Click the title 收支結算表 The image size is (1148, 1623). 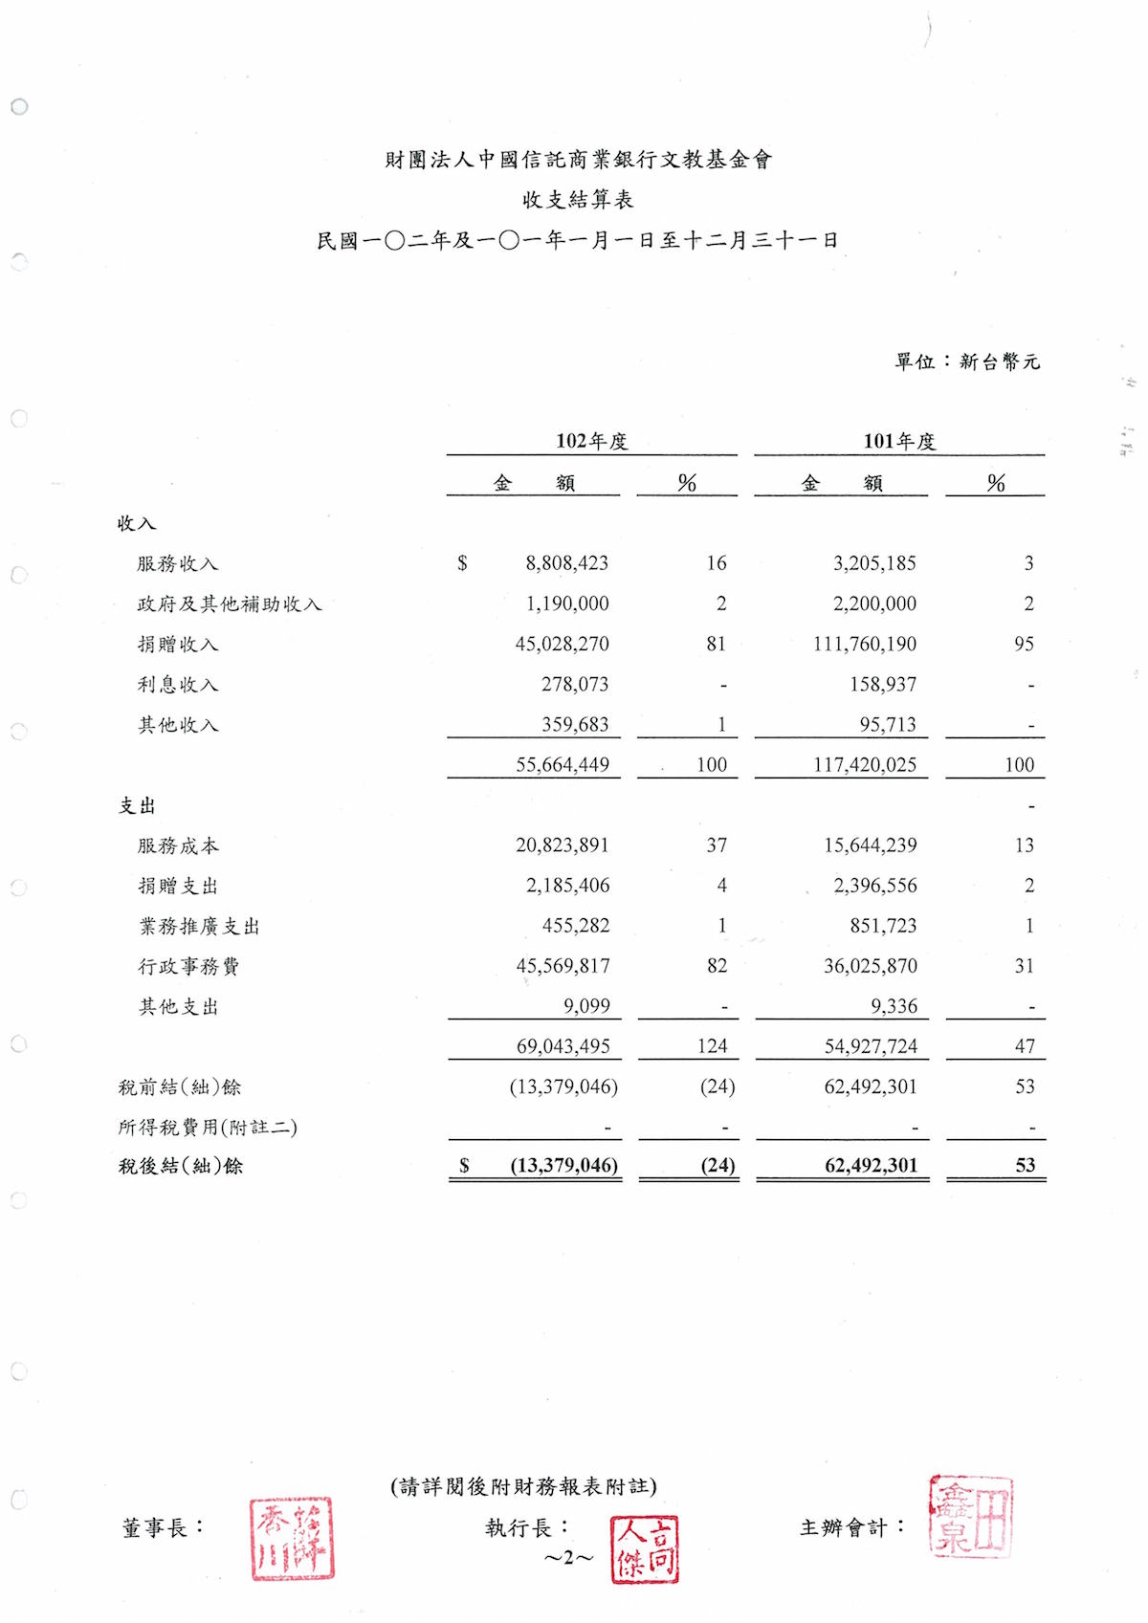(577, 200)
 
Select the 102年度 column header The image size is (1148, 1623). (591, 441)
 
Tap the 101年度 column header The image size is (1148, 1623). (898, 441)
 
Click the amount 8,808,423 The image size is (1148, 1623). (566, 563)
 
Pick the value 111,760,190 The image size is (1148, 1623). (864, 644)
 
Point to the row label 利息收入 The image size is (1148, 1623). (178, 685)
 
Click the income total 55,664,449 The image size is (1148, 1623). (562, 764)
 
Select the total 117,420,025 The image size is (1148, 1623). (864, 764)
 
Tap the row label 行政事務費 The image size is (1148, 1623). (188, 966)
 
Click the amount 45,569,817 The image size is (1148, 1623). (563, 966)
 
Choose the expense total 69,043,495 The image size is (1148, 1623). (563, 1046)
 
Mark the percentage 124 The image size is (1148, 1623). (712, 1046)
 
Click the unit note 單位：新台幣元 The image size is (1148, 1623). (966, 362)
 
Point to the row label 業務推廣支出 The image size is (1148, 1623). (199, 926)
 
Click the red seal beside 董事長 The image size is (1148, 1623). (292, 1538)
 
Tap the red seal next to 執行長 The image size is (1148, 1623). (644, 1548)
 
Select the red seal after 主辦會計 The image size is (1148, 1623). (969, 1516)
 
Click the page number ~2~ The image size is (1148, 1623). (568, 1558)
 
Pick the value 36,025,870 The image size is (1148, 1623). (870, 966)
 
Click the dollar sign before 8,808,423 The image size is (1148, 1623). (463, 563)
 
